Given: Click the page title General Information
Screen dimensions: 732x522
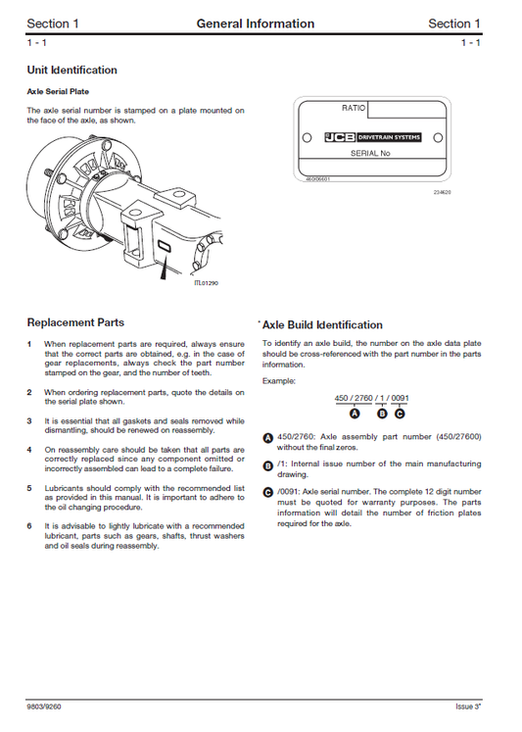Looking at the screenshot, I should pyautogui.click(x=256, y=24).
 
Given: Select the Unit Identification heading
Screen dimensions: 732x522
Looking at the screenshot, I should pyautogui.click(x=71, y=71).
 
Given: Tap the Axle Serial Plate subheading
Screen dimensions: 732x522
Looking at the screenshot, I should pyautogui.click(x=64, y=91).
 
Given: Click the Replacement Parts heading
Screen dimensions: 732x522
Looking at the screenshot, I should pyautogui.click(x=75, y=322).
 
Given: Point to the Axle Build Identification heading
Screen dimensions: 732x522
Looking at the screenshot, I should pyautogui.click(x=322, y=325).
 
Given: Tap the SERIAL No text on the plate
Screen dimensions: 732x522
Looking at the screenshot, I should pyautogui.click(x=369, y=154).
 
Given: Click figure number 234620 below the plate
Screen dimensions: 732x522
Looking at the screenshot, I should pyautogui.click(x=442, y=192).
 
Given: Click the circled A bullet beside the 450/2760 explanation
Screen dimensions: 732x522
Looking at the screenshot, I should pyautogui.click(x=268, y=436).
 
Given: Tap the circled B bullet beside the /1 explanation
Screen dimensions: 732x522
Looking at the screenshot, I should pyautogui.click(x=268, y=464).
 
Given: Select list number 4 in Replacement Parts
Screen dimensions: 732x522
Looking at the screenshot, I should pyautogui.click(x=30, y=449).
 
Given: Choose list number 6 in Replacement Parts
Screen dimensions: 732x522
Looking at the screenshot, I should pyautogui.click(x=30, y=526).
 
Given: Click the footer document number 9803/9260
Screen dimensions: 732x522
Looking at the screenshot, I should pyautogui.click(x=47, y=706).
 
